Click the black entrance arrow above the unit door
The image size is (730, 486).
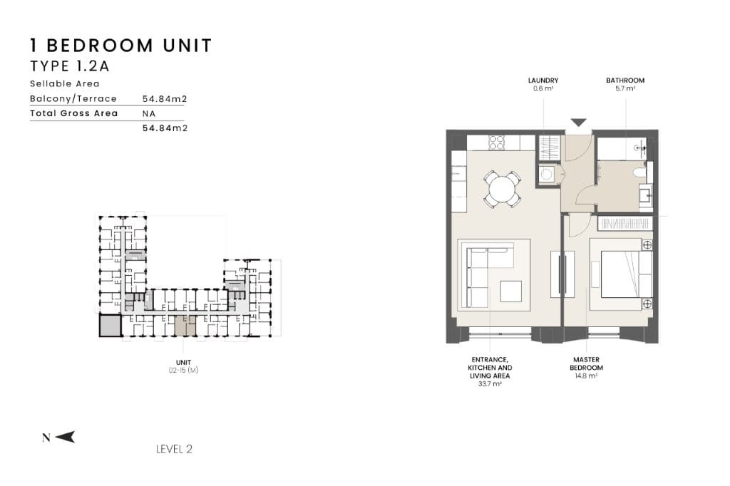(x=578, y=123)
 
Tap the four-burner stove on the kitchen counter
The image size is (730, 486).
(x=497, y=143)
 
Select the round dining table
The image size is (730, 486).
(x=502, y=190)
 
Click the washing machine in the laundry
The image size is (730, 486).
(x=547, y=174)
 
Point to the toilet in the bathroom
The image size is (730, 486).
(x=641, y=172)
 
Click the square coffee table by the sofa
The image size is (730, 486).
(x=510, y=291)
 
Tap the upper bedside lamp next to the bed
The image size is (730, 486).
(x=647, y=245)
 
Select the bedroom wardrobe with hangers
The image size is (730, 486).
(x=625, y=224)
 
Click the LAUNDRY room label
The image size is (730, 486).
(x=543, y=80)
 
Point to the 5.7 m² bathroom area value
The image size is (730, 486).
(x=624, y=88)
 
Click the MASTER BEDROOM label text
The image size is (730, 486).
(x=586, y=363)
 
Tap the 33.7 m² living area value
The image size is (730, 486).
(x=490, y=384)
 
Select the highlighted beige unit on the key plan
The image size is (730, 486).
(x=185, y=326)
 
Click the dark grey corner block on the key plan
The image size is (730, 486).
(x=110, y=325)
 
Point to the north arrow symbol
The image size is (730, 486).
(x=65, y=437)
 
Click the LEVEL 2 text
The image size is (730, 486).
(x=174, y=449)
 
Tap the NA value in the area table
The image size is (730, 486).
(x=149, y=113)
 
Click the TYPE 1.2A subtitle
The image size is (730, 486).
(x=70, y=66)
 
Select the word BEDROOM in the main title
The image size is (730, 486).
(x=100, y=46)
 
